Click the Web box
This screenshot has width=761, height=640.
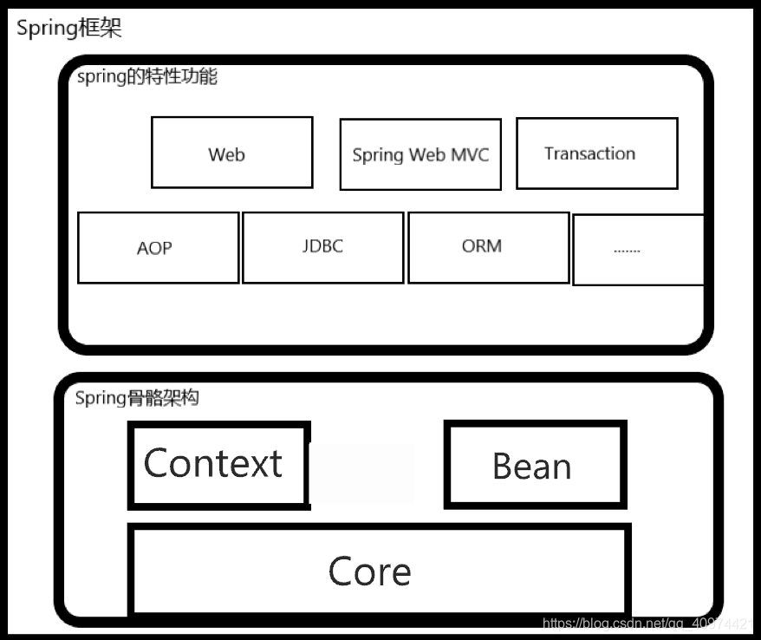coord(231,153)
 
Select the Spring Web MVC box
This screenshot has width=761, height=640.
coord(420,154)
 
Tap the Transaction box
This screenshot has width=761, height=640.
coord(596,153)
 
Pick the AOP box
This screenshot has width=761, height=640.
coord(158,247)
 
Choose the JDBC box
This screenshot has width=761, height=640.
coord(322,246)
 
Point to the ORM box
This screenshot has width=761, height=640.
coord(488,246)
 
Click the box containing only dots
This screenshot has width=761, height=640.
coord(637,249)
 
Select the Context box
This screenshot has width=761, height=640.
coord(218,464)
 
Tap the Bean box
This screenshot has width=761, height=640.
coord(535,465)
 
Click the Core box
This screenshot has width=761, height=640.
coord(379,570)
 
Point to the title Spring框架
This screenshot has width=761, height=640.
coord(69,28)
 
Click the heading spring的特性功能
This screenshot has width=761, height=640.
coord(147,76)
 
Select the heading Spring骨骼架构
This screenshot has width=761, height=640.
coord(137,398)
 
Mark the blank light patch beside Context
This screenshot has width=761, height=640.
coord(362,473)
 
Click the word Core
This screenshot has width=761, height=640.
coord(369,571)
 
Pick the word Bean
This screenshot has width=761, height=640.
coord(531,467)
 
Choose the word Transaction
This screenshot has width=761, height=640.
coord(589,153)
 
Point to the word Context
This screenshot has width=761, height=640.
coord(212,463)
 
